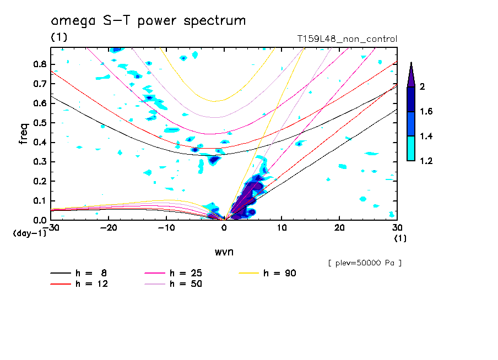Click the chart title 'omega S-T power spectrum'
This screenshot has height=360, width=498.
(148, 21)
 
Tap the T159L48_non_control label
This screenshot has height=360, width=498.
(347, 39)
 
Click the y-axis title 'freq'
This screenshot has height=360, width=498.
(24, 134)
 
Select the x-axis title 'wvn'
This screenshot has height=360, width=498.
(224, 252)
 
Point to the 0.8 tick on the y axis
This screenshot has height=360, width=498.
(39, 64)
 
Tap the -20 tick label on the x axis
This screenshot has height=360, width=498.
(108, 227)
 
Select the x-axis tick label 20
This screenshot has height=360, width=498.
(339, 227)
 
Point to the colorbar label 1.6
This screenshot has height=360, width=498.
(426, 112)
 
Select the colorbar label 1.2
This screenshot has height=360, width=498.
(426, 161)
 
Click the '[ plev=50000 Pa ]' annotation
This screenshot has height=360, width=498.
(364, 263)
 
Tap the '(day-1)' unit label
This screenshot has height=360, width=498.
(29, 233)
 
